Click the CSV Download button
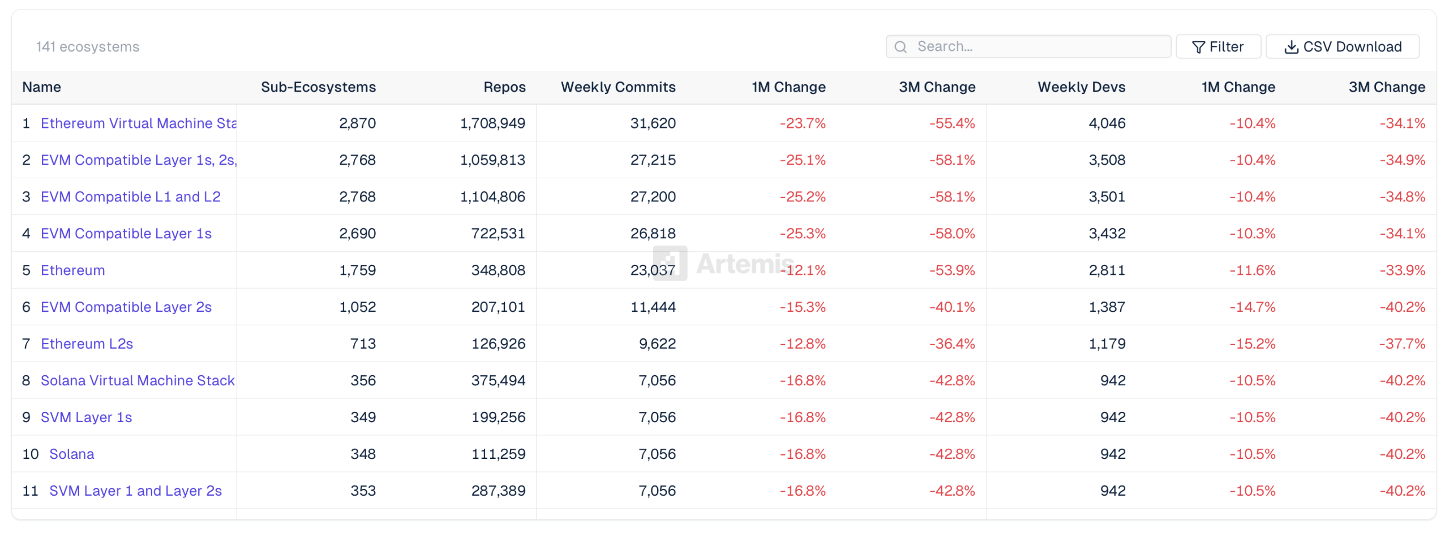[1342, 46]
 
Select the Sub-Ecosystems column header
[318, 87]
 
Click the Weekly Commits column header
[618, 87]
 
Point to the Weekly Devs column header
[1081, 87]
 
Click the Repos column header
[504, 87]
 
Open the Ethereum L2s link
[87, 343]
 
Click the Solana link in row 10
[72, 454]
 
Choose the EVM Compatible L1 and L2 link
[131, 196]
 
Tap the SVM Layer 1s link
[87, 417]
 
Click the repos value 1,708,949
[492, 123]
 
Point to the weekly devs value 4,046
[1107, 123]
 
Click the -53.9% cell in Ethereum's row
[952, 270]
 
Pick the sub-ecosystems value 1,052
[357, 307]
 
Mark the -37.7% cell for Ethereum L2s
[1402, 343]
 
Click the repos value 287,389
[498, 491]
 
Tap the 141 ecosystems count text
[88, 47]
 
